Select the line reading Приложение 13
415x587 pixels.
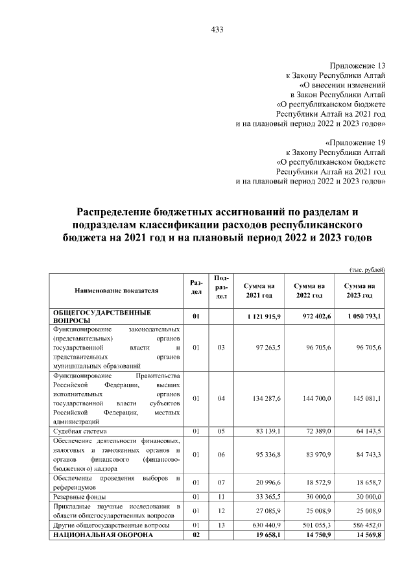pyautogui.click(x=357, y=66)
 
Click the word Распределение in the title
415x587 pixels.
pyautogui.click(x=115, y=212)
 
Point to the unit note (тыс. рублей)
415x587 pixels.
pyautogui.click(x=368, y=269)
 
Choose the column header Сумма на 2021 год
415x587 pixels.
pyautogui.click(x=259, y=291)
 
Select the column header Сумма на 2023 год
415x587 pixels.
pyautogui.click(x=359, y=291)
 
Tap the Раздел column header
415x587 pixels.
pyautogui.click(x=196, y=287)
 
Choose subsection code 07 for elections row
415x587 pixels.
pyautogui.click(x=220, y=483)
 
